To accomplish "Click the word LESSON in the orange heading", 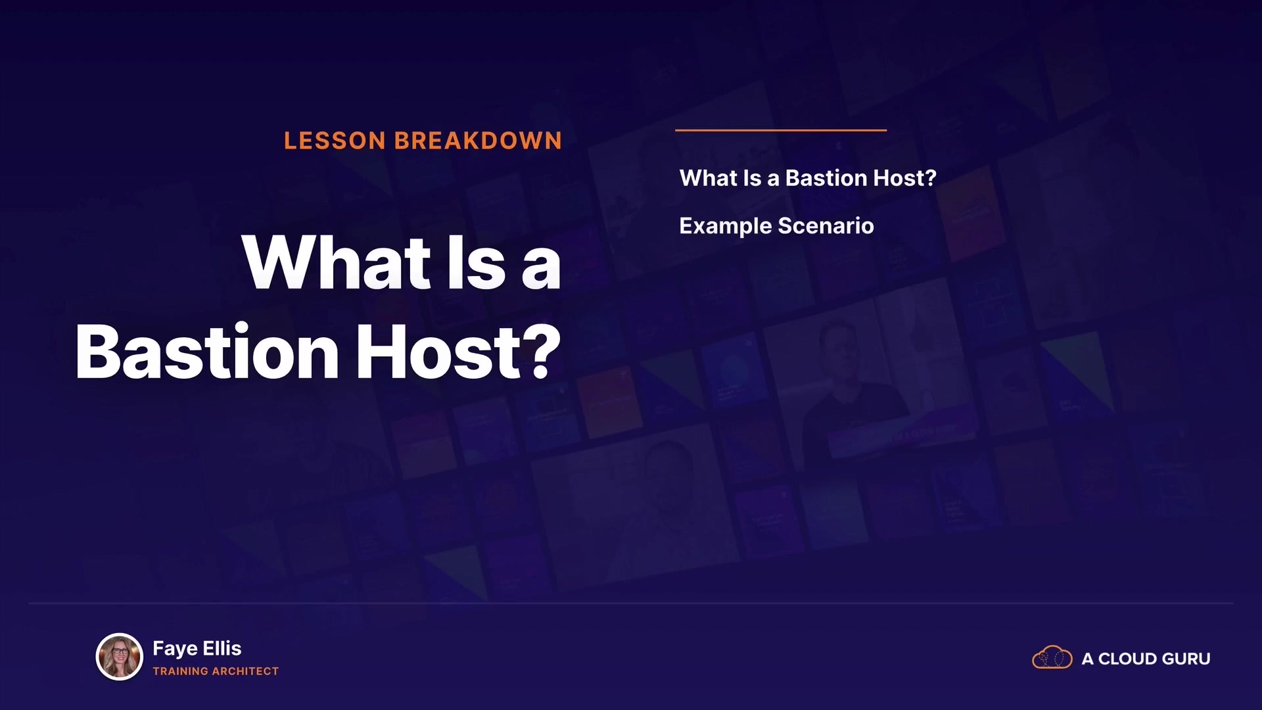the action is tap(335, 141).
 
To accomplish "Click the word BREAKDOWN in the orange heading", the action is tap(478, 141).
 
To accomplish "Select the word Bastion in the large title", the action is tap(207, 352).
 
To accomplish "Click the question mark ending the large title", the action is tap(543, 352).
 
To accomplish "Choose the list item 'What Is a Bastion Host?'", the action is tap(808, 178).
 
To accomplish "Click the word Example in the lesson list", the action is tap(726, 226).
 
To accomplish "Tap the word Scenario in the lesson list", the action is tap(826, 226).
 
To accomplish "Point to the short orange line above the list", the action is tap(781, 130).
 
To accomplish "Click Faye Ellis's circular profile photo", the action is tap(120, 656).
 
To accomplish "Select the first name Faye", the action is tap(175, 649).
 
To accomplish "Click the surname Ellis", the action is tap(222, 648).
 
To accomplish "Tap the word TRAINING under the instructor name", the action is tap(181, 671).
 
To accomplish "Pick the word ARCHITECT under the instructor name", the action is tap(245, 671).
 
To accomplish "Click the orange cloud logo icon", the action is tap(1052, 657).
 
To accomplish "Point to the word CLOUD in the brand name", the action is tap(1128, 659).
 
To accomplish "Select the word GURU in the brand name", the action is tap(1186, 659).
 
